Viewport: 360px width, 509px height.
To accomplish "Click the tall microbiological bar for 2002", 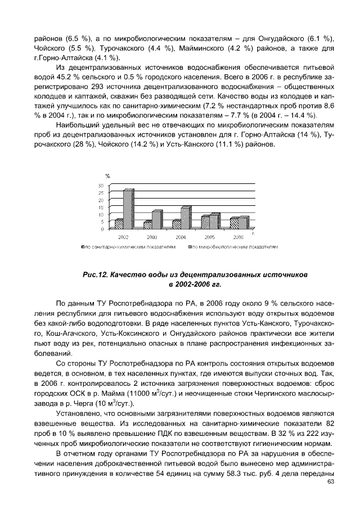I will (129, 209).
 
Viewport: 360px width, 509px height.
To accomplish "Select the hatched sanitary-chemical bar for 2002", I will (119, 223).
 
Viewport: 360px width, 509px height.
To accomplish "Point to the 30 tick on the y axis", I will (102, 186).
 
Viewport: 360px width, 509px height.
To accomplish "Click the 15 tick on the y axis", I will (102, 207).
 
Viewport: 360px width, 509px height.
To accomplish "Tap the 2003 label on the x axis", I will (151, 238).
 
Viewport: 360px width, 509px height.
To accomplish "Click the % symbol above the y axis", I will (107, 177).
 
